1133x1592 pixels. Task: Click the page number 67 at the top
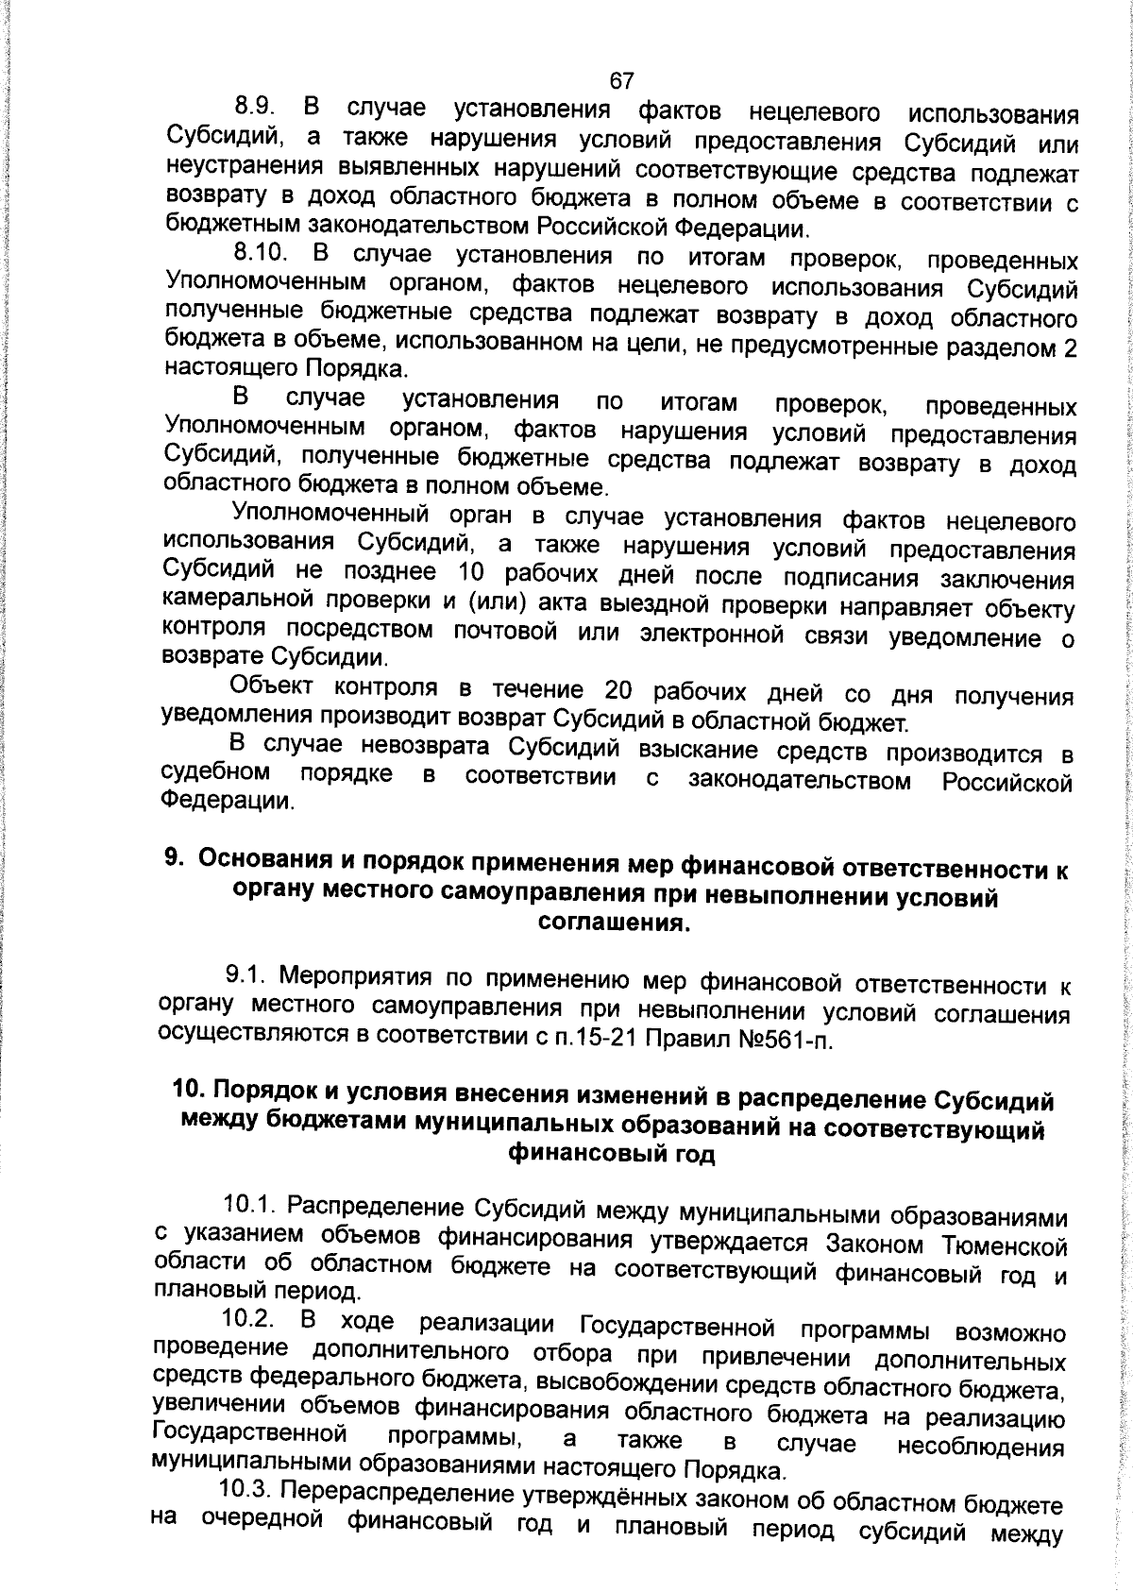coord(620,81)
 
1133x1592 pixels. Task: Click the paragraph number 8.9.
coord(255,108)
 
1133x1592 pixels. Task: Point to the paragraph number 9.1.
coord(248,974)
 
